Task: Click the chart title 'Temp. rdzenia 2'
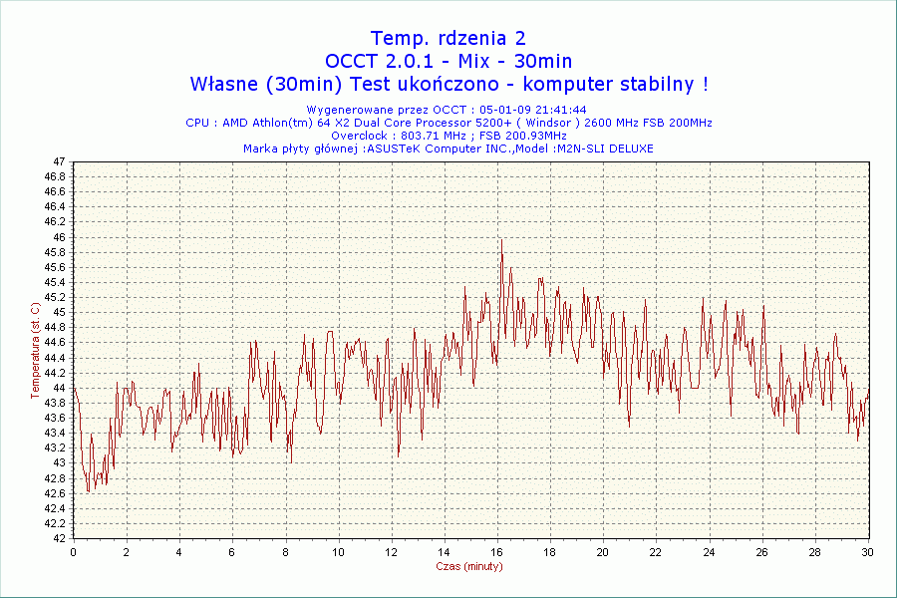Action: [448, 39]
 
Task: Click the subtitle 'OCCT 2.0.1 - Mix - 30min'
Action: [448, 62]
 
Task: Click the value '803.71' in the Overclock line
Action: [422, 136]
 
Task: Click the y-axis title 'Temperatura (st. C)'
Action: [35, 350]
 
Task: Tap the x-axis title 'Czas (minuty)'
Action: [469, 566]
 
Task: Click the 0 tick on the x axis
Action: [74, 551]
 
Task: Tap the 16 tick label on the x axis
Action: [496, 551]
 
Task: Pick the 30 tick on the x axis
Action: [867, 551]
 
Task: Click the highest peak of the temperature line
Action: [501, 239]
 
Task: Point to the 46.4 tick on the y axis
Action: [54, 206]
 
